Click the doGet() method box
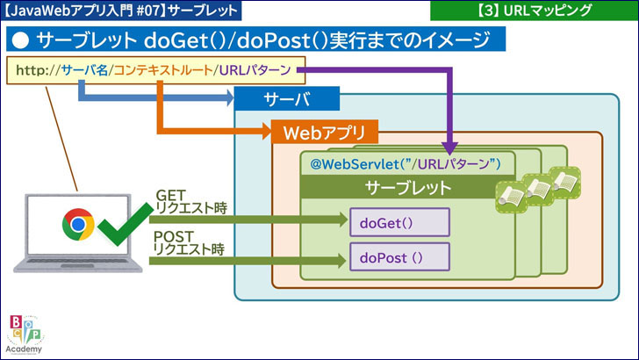tap(399, 222)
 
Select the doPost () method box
tap(399, 258)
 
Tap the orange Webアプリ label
tap(326, 133)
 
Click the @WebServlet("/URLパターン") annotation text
tap(405, 163)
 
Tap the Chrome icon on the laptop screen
tap(78, 224)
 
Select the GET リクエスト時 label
tap(190, 201)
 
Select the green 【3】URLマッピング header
tap(534, 11)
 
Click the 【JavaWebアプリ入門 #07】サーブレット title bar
tap(122, 11)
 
